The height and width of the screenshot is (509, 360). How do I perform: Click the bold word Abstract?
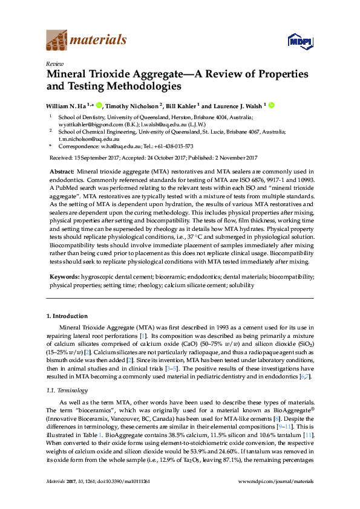61,172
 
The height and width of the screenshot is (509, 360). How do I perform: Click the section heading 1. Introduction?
67,316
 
